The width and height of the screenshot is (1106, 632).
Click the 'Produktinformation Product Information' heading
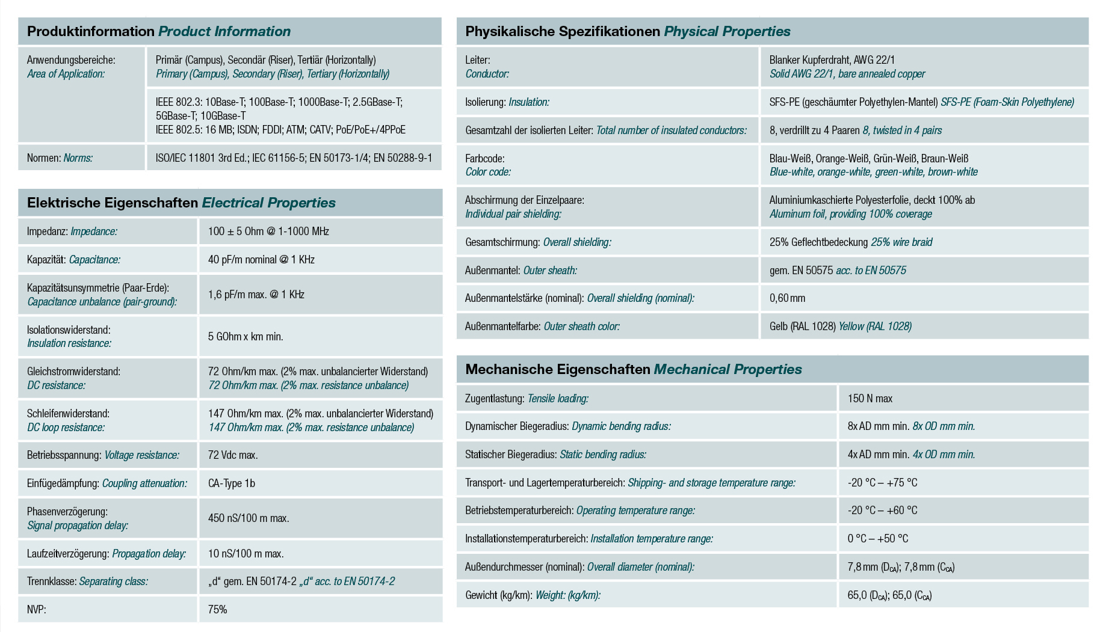[159, 31]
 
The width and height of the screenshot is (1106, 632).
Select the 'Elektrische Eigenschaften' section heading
[113, 203]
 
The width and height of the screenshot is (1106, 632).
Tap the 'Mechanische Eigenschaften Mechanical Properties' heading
[634, 369]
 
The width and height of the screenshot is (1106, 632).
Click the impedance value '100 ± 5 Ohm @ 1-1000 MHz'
[268, 232]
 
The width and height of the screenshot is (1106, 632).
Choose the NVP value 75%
[217, 610]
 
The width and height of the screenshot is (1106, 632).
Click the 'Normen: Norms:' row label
[60, 158]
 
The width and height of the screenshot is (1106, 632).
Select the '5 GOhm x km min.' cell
[246, 337]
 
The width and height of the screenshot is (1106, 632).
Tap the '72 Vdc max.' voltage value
[233, 455]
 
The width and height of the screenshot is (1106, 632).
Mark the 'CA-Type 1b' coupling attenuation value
[232, 483]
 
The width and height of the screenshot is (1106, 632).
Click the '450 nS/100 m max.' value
[249, 518]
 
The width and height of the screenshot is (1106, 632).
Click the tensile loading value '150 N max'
[870, 399]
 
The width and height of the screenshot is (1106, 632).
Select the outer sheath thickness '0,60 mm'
[787, 298]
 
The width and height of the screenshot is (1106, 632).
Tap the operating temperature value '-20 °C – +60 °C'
[882, 511]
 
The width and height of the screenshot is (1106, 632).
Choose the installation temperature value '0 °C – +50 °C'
[878, 539]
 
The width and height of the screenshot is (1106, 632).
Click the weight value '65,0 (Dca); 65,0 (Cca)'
[889, 595]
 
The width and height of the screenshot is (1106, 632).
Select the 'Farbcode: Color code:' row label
[488, 165]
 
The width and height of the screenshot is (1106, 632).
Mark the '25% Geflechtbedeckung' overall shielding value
[818, 242]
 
